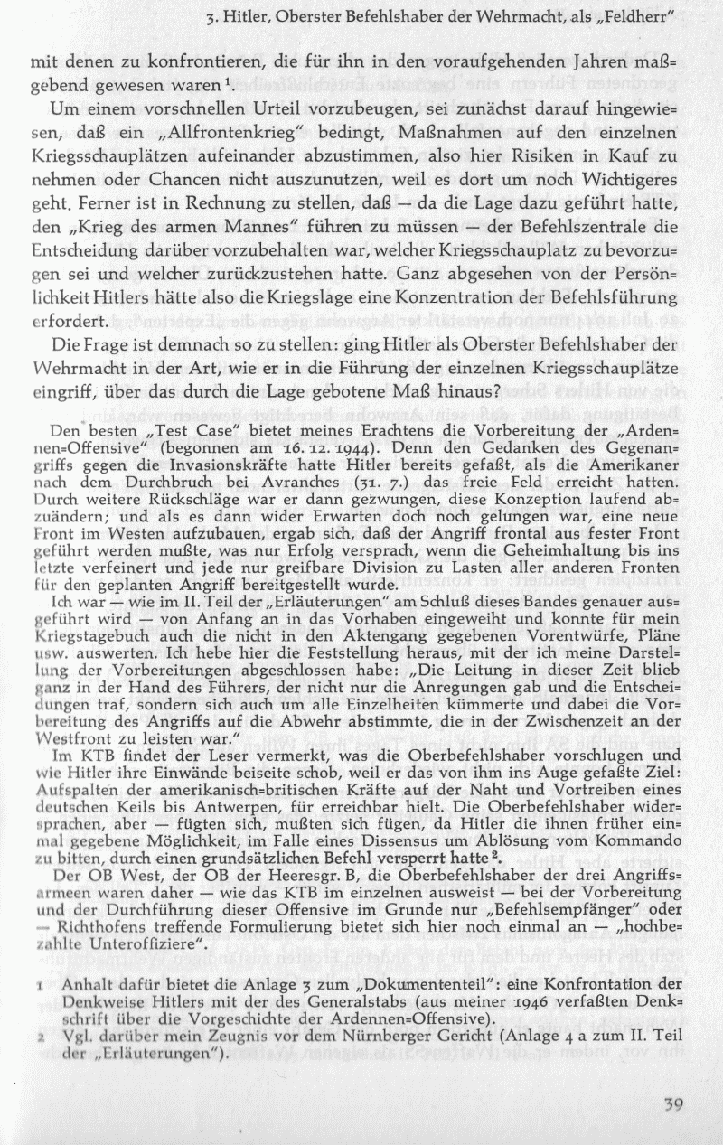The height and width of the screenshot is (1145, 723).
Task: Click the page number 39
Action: pos(671,1103)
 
